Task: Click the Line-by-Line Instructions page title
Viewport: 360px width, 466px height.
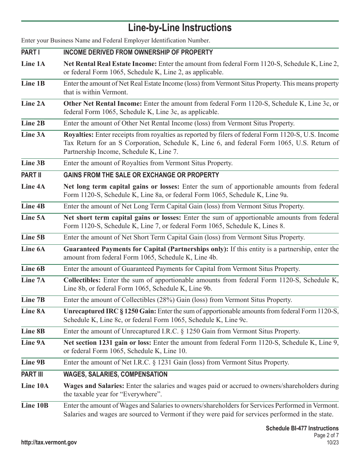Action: (180, 28)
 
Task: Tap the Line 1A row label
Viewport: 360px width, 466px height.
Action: (33, 64)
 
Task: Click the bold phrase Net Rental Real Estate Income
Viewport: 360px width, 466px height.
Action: (110, 64)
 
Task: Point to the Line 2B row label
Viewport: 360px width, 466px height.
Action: (33, 123)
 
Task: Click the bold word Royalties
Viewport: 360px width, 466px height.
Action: (79, 134)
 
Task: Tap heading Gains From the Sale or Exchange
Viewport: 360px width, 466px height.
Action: (141, 175)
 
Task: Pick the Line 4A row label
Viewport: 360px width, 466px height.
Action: (33, 186)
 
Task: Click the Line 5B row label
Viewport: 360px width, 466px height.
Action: (33, 238)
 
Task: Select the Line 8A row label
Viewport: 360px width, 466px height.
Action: (33, 311)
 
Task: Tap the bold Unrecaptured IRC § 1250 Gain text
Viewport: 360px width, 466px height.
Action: (110, 311)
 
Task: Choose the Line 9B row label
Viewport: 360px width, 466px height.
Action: (33, 362)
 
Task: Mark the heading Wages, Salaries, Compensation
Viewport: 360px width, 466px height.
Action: (115, 374)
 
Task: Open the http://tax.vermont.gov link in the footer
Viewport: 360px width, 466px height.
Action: (49, 443)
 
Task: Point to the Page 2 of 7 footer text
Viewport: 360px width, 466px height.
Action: (326, 435)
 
